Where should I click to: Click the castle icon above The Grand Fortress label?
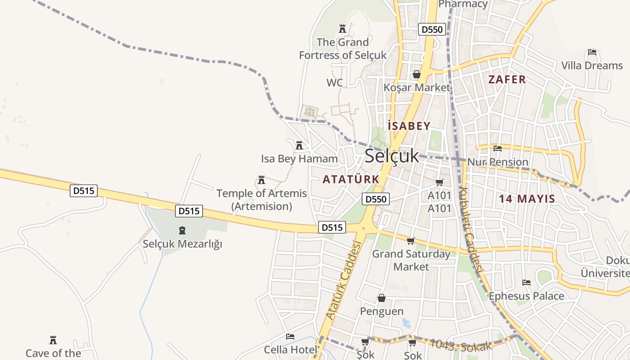tap(342, 29)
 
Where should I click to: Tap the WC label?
tap(334, 83)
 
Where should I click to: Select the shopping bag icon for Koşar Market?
tap(417, 74)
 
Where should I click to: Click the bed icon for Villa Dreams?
tap(592, 53)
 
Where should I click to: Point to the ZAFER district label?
tap(507, 80)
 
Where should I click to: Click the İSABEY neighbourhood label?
tap(409, 126)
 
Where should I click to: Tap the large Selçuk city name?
tap(391, 156)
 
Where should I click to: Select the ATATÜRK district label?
tap(351, 179)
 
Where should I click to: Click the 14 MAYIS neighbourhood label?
tap(527, 198)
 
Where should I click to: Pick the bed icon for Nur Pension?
tap(498, 148)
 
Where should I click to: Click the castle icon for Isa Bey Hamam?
tap(299, 145)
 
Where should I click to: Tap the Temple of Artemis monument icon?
tap(261, 180)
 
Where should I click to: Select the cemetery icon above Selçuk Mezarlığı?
tap(182, 231)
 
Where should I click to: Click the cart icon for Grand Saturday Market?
tap(410, 241)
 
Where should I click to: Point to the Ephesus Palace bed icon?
tap(526, 283)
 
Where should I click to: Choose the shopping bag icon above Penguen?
tap(382, 298)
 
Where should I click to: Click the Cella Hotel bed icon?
tap(290, 337)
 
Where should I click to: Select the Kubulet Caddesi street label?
tap(470, 229)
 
